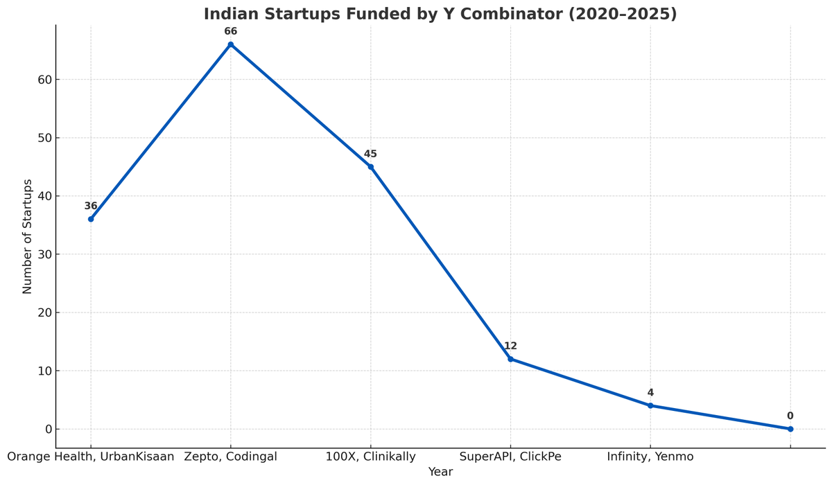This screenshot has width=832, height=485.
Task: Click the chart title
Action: click(440, 14)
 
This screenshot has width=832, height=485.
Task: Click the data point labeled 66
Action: click(231, 44)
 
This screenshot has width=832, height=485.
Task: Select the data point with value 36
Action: click(91, 219)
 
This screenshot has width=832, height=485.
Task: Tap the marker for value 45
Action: click(370, 167)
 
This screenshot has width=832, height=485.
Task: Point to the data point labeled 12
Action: click(510, 359)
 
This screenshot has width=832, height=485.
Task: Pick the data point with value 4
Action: click(650, 405)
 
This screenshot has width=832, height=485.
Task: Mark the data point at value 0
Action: click(790, 429)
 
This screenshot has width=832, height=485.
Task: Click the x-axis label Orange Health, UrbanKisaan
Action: click(91, 457)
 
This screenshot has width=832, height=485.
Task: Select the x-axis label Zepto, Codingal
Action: click(231, 457)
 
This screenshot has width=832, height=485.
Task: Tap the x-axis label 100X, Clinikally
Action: click(371, 457)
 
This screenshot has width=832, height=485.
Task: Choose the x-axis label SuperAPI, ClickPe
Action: click(510, 457)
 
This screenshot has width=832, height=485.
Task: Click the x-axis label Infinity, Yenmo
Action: click(650, 457)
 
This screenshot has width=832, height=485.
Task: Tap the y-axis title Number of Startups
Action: click(28, 236)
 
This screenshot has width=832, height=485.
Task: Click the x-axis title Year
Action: click(440, 472)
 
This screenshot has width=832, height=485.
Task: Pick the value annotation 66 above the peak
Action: click(231, 31)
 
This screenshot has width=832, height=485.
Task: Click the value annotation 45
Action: click(370, 154)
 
